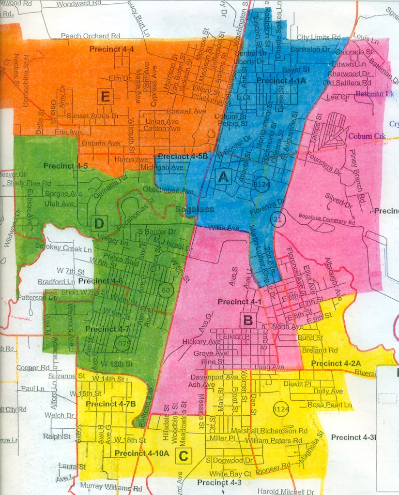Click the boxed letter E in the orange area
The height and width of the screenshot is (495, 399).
point(105,97)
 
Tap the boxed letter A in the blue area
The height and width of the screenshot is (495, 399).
point(223,177)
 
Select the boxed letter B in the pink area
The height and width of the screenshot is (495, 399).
point(247,320)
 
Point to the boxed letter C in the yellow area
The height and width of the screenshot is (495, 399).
point(183,455)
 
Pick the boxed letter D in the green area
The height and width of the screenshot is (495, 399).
point(99,223)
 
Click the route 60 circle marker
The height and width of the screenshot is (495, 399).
point(165,290)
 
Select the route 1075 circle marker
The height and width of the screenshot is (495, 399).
point(123,344)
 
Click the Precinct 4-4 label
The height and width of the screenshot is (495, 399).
point(111,49)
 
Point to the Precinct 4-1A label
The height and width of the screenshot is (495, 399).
point(281,81)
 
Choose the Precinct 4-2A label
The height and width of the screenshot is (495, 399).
point(333,363)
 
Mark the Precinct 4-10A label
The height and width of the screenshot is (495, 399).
point(142,453)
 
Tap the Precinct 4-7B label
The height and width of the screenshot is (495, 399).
point(107,404)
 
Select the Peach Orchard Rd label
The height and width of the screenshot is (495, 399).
point(91,36)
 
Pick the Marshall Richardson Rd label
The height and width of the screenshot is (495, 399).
point(270,431)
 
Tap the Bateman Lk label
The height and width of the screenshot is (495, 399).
point(376,94)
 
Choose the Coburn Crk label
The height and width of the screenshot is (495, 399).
point(368,136)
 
